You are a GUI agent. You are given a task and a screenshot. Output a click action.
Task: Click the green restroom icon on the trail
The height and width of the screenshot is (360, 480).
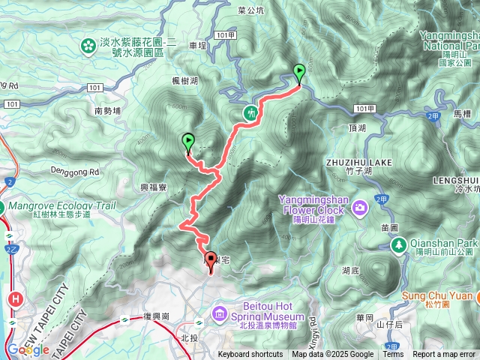[250, 112]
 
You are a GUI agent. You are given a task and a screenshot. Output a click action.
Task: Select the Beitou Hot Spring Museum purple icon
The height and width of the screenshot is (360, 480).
[218, 311]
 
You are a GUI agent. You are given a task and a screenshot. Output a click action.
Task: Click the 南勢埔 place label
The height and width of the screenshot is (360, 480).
[108, 110]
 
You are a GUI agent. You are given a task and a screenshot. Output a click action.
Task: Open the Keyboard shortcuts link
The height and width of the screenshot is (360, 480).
[250, 355]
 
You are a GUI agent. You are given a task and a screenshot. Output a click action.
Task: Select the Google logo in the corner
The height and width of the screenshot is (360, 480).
[28, 349]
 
